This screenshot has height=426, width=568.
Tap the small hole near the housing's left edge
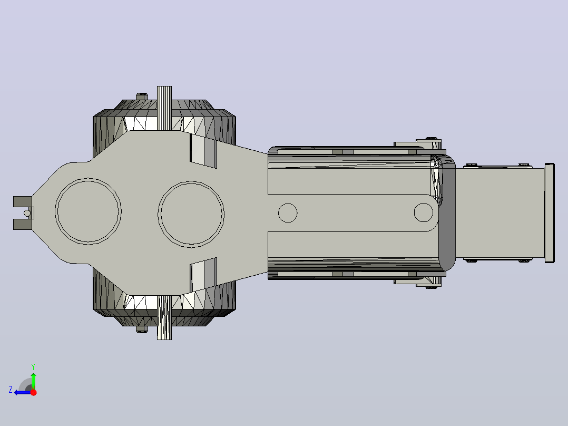[288, 213]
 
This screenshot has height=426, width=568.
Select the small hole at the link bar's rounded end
[424, 212]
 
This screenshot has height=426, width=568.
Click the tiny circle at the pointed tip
[27, 213]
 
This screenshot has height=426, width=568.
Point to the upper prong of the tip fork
[23, 201]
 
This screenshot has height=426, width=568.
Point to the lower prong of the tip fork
[23, 224]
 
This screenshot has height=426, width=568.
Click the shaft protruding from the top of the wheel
[164, 108]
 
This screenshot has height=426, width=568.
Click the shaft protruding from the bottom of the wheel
[164, 317]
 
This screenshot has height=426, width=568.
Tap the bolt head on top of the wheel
[142, 96]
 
